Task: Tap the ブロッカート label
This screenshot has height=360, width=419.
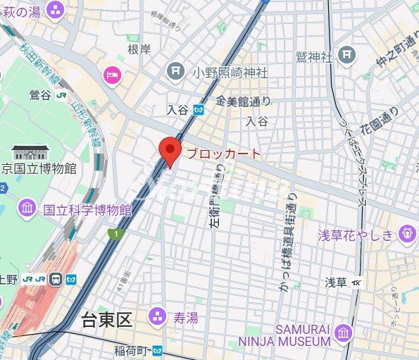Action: tap(223, 153)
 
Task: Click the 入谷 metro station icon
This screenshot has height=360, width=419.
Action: tap(199, 110)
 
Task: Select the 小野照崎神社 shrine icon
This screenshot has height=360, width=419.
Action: tap(175, 71)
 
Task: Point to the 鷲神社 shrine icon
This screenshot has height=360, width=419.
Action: tap(346, 54)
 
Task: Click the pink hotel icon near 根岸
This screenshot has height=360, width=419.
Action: tap(112, 74)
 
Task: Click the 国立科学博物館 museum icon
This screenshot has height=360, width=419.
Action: tap(27, 209)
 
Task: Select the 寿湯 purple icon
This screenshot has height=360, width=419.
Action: tap(160, 318)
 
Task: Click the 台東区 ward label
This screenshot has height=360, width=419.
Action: tap(106, 321)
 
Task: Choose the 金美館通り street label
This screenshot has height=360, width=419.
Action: tap(244, 102)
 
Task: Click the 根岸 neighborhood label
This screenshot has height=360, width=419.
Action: tap(139, 49)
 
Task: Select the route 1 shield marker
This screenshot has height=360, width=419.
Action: tap(112, 233)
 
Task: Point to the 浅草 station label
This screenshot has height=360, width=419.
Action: tap(335, 282)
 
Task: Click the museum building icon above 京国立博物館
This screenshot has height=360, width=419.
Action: tap(31, 151)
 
